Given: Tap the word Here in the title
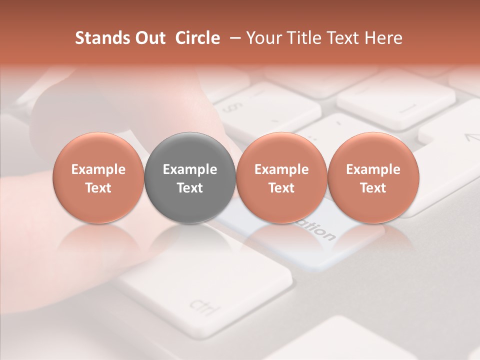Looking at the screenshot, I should (383, 38).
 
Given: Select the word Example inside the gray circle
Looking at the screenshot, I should (190, 169).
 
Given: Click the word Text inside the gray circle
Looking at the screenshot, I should (190, 188).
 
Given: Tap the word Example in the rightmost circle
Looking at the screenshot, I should (373, 169).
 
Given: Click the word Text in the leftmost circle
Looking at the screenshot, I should (98, 188).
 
